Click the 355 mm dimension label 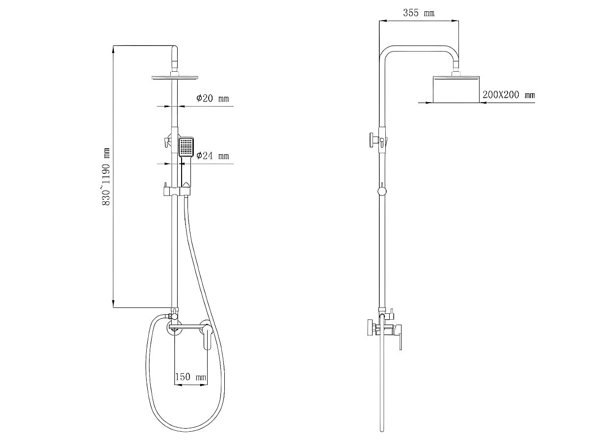(418, 13)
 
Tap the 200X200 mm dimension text (509, 95)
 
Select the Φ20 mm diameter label (213, 98)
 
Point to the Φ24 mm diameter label (213, 156)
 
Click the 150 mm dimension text (191, 377)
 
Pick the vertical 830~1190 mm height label (106, 176)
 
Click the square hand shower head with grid (186, 147)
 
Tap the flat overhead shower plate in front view (175, 78)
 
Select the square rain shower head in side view (456, 89)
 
